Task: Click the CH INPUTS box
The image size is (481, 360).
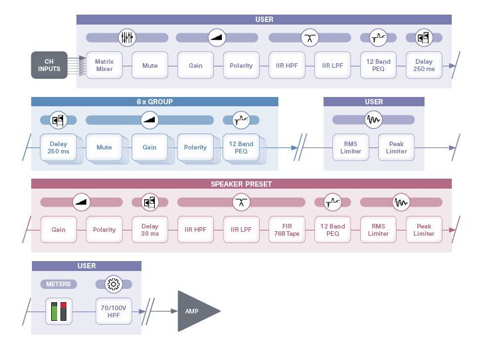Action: [49, 65]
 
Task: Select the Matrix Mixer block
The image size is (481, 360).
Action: [104, 65]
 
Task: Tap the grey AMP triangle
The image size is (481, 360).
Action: [195, 311]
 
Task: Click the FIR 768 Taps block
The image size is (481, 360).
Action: [287, 230]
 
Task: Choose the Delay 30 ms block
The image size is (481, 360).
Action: [149, 230]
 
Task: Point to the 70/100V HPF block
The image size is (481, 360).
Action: [114, 312]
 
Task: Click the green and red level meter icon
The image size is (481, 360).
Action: [58, 312]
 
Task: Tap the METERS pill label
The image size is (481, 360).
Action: [58, 284]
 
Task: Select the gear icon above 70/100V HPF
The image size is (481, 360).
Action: [114, 284]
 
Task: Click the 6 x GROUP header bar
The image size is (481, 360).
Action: [155, 102]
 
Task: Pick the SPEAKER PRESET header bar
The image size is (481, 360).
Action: [241, 184]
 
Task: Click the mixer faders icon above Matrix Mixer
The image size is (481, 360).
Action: [127, 38]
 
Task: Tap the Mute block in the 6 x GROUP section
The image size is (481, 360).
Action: [104, 147]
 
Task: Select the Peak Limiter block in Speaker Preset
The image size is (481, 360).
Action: [424, 230]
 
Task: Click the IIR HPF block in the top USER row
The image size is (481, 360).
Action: [287, 65]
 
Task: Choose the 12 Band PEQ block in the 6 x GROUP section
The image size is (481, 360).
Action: [241, 147]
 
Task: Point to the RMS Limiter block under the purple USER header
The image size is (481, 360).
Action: [351, 147]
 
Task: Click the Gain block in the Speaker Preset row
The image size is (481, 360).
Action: [58, 230]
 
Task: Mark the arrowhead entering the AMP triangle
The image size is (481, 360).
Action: [174, 312]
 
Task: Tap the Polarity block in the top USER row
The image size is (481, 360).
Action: [241, 65]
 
